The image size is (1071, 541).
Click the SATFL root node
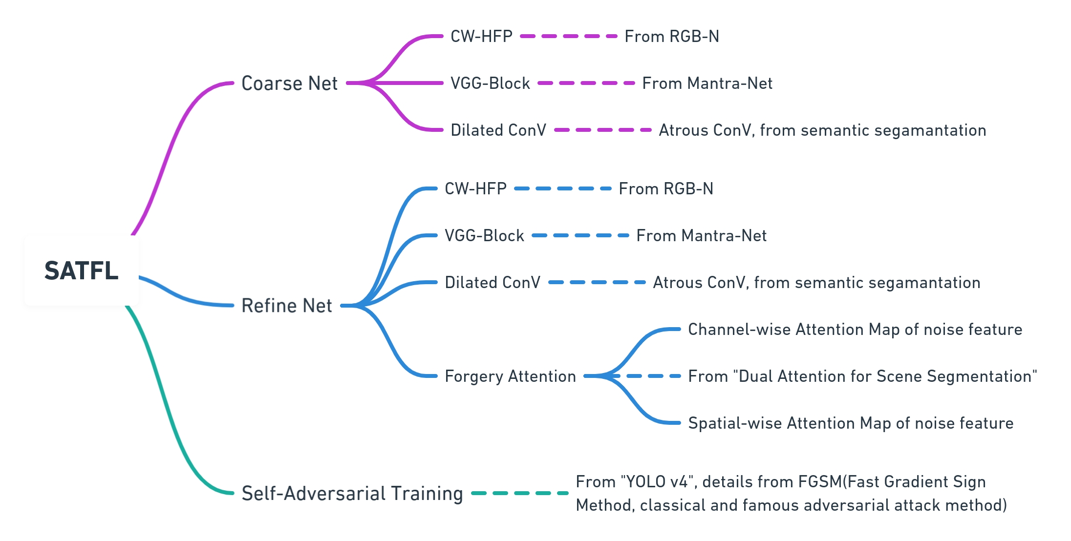tap(81, 270)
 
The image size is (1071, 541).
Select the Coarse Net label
tap(289, 83)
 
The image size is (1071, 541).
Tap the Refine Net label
tap(286, 306)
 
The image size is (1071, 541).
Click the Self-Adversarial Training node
tap(352, 493)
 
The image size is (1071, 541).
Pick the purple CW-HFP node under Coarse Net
tap(481, 37)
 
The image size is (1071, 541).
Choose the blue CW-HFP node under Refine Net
tap(475, 189)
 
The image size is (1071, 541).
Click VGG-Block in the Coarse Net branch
tap(490, 83)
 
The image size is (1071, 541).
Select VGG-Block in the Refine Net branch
tap(484, 236)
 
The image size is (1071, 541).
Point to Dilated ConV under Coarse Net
tap(498, 130)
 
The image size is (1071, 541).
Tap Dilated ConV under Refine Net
tap(492, 283)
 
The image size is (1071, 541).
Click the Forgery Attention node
tap(510, 376)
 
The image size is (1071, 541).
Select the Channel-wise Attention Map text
tap(855, 330)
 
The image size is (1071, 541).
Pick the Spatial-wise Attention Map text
tap(850, 423)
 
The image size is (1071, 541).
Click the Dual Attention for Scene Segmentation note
tap(862, 376)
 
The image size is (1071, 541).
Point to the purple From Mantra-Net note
tap(707, 83)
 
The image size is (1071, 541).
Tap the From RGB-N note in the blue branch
tap(665, 189)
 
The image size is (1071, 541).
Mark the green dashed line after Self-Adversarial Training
tap(520, 493)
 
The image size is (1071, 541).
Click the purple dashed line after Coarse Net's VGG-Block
tap(586, 83)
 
